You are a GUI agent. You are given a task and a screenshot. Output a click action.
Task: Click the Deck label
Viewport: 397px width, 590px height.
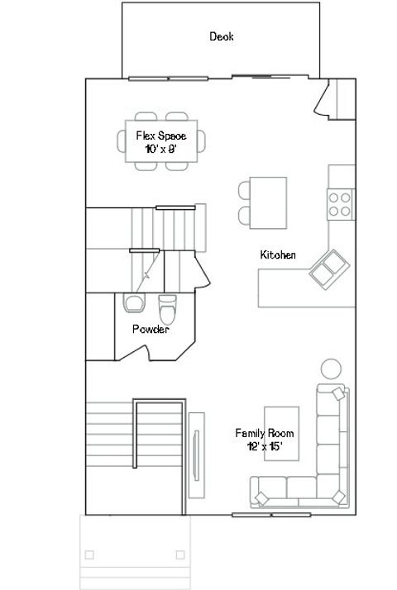click(x=221, y=36)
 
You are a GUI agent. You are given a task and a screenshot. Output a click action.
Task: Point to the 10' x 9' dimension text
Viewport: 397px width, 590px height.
click(x=161, y=148)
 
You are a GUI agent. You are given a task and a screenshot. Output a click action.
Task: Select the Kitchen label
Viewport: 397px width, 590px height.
click(x=278, y=255)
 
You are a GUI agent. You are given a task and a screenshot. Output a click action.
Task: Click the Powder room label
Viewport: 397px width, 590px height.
click(x=151, y=329)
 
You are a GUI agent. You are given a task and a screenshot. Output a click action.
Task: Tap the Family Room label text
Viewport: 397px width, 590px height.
click(x=264, y=433)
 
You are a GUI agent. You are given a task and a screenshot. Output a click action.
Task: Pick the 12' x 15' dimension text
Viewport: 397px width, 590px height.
click(x=264, y=445)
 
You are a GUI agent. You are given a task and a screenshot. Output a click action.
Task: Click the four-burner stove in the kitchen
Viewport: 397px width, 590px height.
click(x=340, y=203)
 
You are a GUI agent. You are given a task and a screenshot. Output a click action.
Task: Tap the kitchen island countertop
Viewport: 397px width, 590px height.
click(x=270, y=203)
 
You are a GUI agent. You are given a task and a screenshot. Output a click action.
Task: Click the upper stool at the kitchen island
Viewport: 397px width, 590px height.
click(x=246, y=189)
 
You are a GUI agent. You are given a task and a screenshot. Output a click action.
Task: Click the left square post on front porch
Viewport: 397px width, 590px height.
click(x=89, y=554)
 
